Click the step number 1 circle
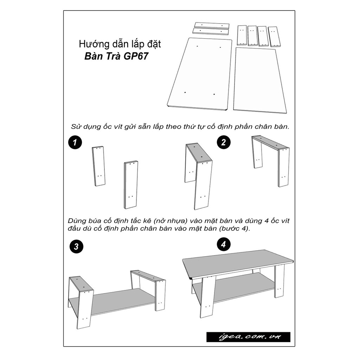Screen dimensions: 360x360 75,142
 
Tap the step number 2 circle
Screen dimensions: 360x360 223,142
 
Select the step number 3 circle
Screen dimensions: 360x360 76,246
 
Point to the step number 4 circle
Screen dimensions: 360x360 223,245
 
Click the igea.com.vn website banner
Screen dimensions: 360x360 248,337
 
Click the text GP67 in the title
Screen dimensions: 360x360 136,56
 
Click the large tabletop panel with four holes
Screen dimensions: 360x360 200,74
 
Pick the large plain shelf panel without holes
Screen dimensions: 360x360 260,80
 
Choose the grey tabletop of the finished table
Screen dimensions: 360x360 238,264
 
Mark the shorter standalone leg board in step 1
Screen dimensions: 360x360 99,166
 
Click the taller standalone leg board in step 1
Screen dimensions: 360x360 131,185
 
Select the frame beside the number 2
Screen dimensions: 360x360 270,161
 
